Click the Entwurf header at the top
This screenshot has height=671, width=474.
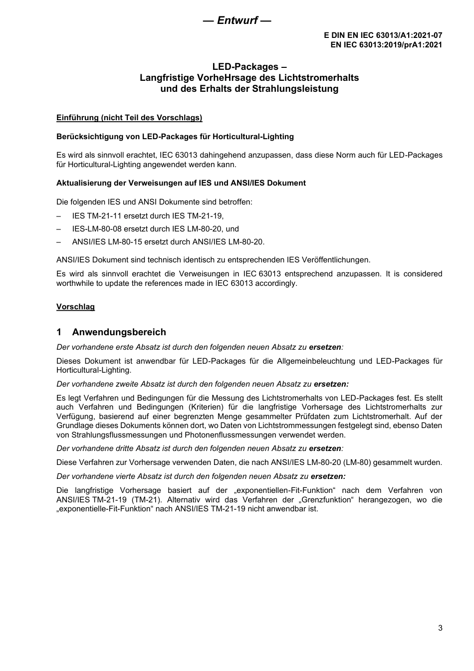point(237,20)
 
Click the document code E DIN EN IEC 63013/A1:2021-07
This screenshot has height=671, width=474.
point(383,35)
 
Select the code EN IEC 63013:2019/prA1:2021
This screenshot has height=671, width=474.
point(386,44)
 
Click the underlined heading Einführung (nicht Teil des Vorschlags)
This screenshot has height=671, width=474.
point(129,118)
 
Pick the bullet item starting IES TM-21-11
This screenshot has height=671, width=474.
point(148,216)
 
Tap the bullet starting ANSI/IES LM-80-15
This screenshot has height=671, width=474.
point(168,242)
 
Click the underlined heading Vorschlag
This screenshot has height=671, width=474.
point(75,306)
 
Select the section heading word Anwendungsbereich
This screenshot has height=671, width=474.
point(119,332)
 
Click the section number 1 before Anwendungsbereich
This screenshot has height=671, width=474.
point(59,332)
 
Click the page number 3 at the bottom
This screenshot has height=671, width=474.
point(440,628)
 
